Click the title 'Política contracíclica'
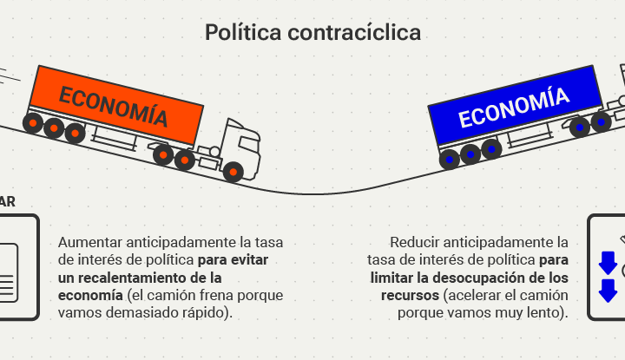tap(312, 33)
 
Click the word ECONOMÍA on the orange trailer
tap(113, 106)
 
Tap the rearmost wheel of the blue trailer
tap(449, 159)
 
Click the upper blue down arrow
tap(608, 262)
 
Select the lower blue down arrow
tap(608, 290)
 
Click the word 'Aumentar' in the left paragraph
tap(89, 242)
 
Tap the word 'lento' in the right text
tap(549, 312)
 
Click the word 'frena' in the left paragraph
tap(207, 295)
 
